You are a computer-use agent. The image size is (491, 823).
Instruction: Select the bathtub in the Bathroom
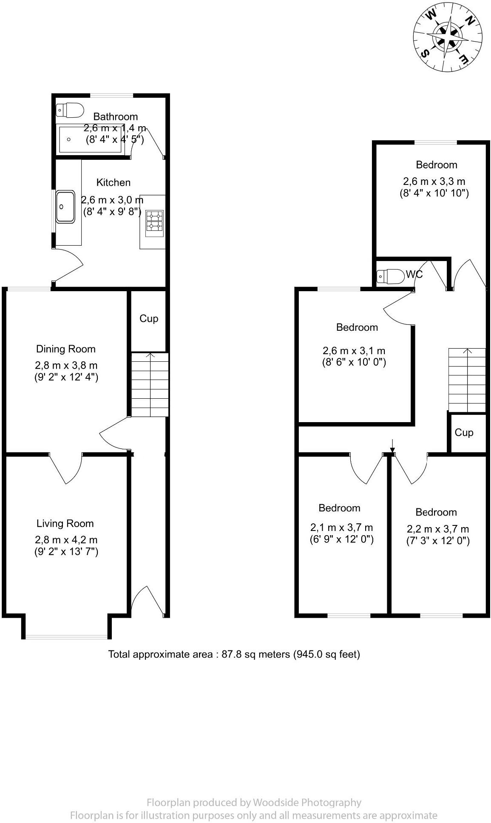(91, 139)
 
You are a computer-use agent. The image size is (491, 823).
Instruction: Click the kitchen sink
(65, 207)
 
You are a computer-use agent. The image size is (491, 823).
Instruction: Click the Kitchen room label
(113, 182)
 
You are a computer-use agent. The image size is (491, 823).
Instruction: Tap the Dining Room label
(66, 349)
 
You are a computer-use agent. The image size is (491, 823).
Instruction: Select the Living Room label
(65, 524)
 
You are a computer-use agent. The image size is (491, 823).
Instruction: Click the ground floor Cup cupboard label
(149, 318)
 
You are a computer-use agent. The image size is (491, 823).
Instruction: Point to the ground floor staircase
(150, 385)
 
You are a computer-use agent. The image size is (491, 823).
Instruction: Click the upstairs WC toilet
(391, 276)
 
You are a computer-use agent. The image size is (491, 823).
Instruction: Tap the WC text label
(414, 274)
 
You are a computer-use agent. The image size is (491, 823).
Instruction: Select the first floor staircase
(467, 380)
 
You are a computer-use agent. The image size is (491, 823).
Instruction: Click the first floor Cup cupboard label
(464, 432)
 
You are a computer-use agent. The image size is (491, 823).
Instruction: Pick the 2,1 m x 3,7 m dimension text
(341, 528)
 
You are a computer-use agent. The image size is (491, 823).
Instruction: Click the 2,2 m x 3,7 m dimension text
(438, 529)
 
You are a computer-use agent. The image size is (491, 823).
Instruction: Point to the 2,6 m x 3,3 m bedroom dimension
(434, 182)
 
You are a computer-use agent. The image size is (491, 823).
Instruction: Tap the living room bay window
(67, 636)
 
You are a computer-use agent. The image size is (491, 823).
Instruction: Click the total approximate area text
(234, 654)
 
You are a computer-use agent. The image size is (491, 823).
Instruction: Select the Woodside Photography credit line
(254, 803)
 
